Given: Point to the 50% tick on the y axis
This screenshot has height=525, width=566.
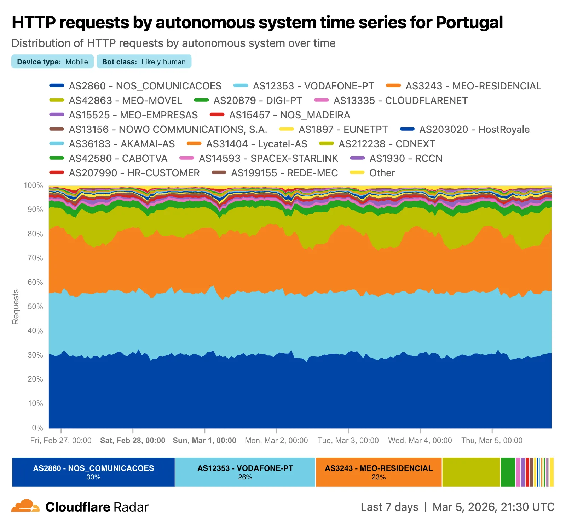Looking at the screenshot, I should pos(35,306).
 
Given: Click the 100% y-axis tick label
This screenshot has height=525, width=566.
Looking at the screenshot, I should pos(33,185).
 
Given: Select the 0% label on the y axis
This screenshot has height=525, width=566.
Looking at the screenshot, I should pos(37,427).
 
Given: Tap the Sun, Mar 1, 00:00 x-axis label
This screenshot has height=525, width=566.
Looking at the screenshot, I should pos(204,440).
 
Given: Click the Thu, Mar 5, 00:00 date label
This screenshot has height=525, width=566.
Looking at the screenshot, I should pos(492,440).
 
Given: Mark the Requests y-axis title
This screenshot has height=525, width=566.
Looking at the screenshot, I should pos(16,307).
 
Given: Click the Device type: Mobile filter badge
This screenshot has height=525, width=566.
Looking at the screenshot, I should pos(52,61).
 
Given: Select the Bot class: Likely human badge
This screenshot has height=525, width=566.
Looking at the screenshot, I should pos(144,61).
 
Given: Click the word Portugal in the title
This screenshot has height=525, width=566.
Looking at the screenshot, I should pos(469,22).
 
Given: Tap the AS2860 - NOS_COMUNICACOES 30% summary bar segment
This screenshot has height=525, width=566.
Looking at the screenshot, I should pos(93,472).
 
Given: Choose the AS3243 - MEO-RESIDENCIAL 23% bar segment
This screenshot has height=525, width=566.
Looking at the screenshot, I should pos(379,472).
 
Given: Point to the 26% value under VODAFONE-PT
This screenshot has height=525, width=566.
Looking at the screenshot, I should pos(245,477).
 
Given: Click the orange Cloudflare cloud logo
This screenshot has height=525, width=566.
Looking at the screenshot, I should pos(25,506).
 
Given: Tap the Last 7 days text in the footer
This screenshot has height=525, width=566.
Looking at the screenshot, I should pos(389,507).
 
